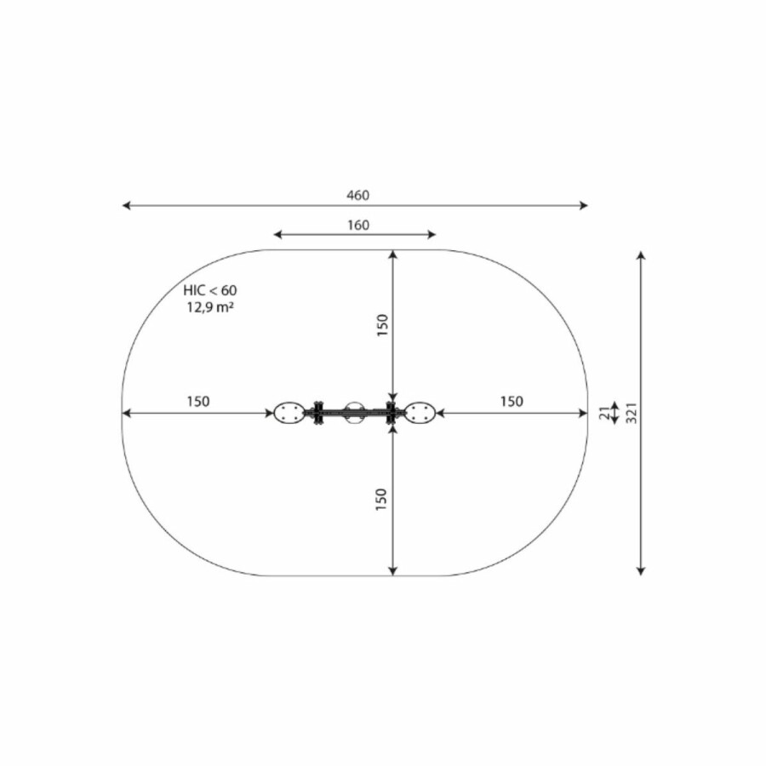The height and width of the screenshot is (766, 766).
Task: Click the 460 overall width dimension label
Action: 358,196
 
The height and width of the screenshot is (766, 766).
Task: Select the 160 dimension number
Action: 358,226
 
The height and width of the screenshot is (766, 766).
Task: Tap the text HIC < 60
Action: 210,290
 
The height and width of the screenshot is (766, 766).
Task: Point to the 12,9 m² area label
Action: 209,307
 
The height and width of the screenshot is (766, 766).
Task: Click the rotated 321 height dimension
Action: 632,413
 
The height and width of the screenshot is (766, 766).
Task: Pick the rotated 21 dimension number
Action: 605,413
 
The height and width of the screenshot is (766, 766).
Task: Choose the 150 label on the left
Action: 197,402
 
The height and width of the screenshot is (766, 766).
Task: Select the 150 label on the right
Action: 512,402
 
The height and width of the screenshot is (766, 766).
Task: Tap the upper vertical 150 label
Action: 382,325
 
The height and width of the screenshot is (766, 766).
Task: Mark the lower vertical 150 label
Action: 381,500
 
